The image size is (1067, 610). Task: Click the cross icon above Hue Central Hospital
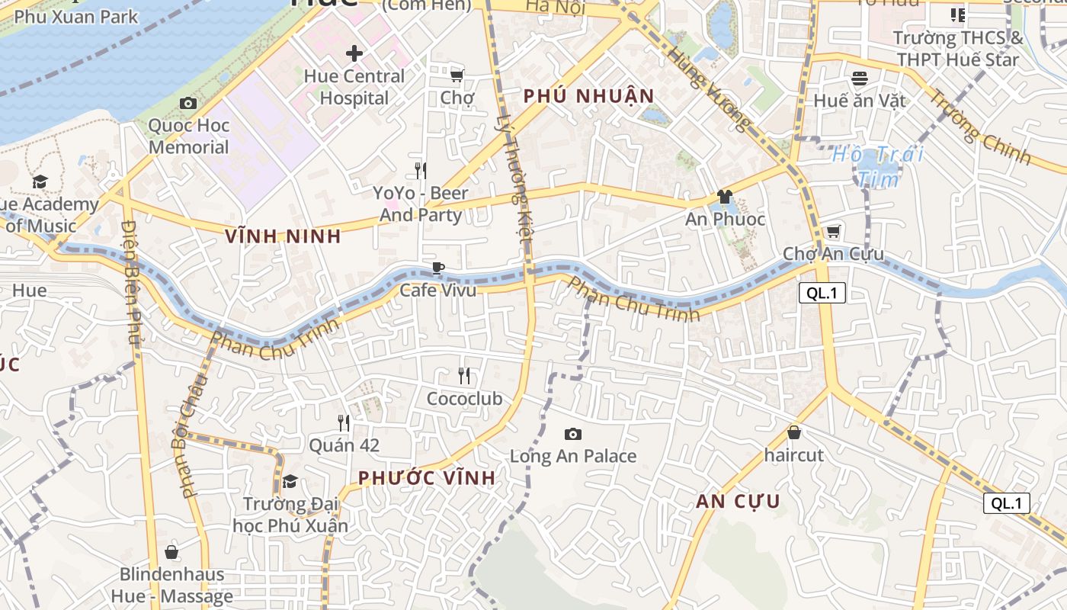[x=354, y=53]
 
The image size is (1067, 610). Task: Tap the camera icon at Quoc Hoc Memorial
[x=188, y=103]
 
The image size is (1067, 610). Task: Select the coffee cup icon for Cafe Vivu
[x=437, y=268]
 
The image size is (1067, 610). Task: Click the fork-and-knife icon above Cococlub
[x=463, y=375]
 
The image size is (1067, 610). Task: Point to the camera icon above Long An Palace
[x=572, y=434]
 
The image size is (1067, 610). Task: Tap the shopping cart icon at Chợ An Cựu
[x=833, y=231]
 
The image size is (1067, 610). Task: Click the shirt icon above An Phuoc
[x=724, y=197]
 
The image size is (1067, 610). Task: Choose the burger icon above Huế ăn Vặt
[x=860, y=78]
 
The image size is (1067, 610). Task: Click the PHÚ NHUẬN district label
[x=588, y=96]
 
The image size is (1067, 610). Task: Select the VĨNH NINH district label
[x=283, y=236]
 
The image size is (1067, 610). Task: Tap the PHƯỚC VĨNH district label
[x=427, y=478]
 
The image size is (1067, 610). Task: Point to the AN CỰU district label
[x=738, y=501]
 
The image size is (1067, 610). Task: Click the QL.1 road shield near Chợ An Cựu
[x=822, y=293]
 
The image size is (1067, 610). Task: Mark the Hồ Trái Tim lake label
[x=877, y=166]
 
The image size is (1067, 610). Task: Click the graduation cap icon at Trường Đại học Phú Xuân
[x=290, y=481]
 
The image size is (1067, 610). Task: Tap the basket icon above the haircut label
[x=794, y=432]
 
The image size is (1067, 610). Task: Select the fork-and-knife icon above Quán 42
[x=344, y=422]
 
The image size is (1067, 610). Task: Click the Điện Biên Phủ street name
[x=131, y=282]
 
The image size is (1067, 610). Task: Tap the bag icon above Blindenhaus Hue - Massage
[x=171, y=551]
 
